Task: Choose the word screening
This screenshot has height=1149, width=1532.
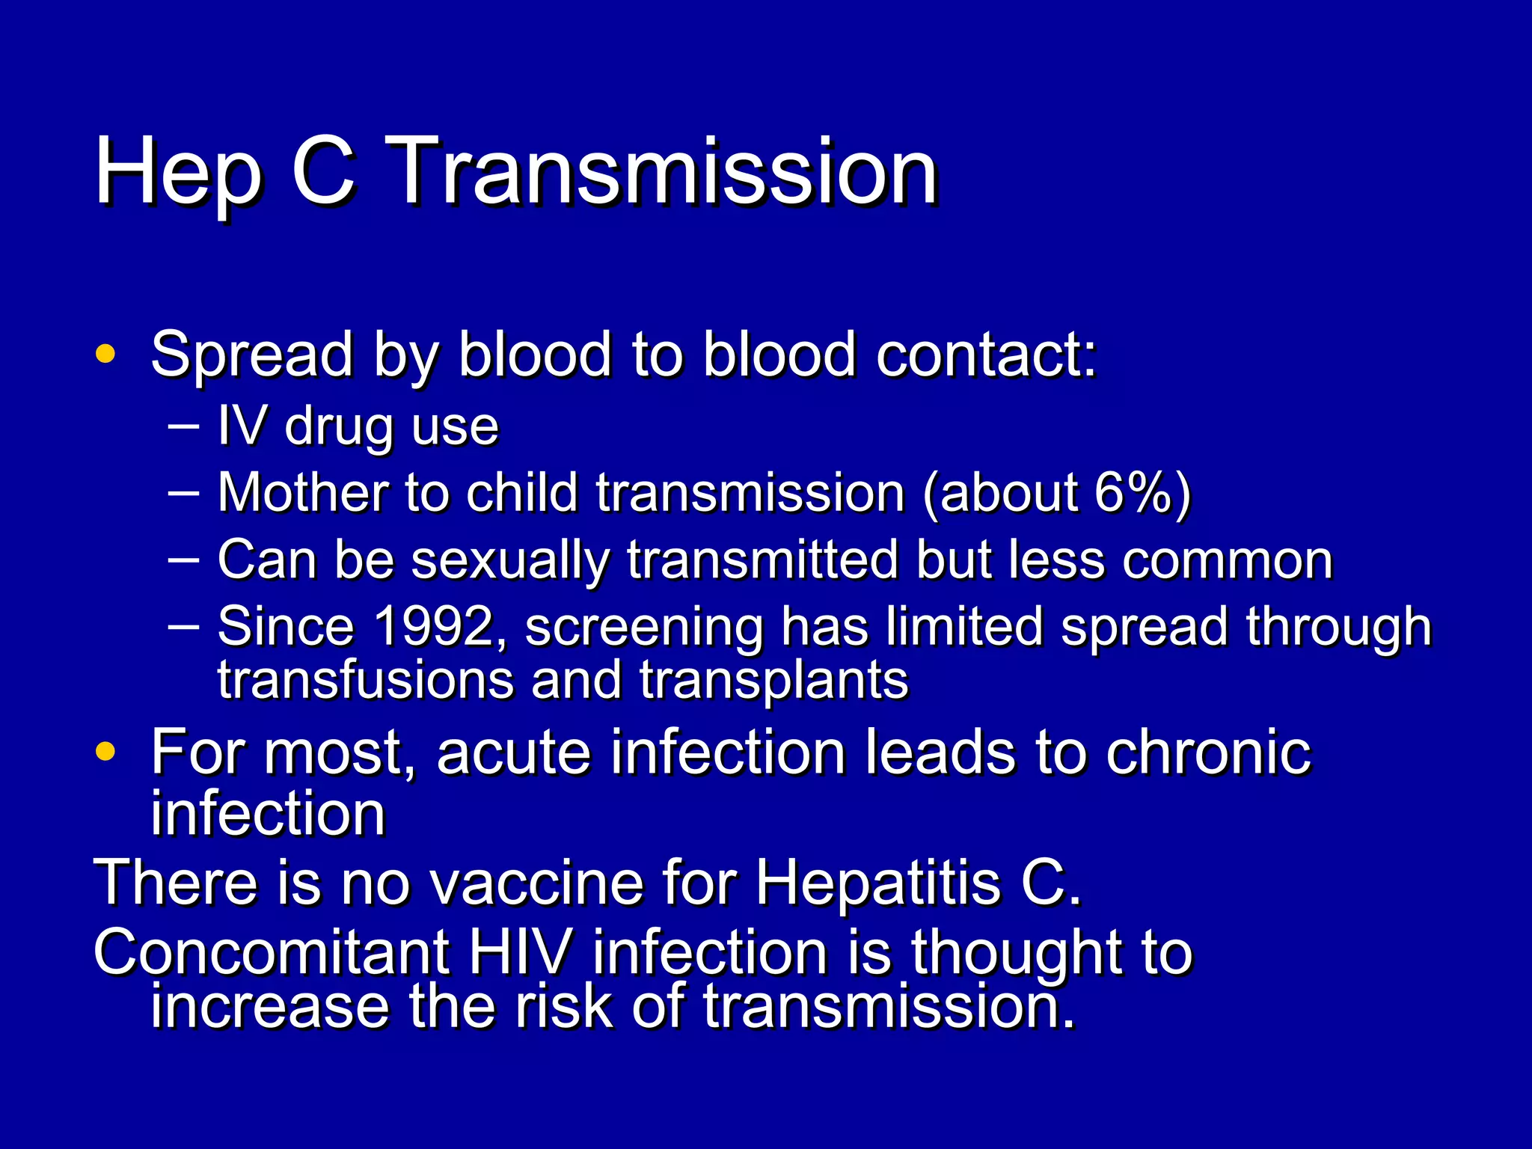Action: click(x=644, y=627)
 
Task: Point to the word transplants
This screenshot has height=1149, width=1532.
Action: click(x=773, y=681)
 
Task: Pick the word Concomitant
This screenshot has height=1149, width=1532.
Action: click(x=271, y=952)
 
